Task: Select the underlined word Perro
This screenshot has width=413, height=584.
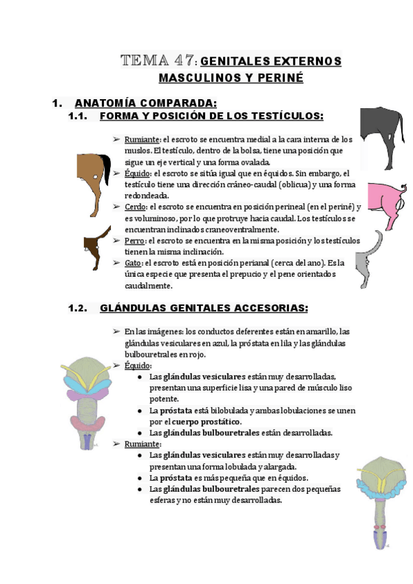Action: point(135,240)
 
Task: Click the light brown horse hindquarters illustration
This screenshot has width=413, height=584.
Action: point(93,179)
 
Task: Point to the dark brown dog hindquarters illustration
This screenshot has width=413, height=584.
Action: point(94,247)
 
